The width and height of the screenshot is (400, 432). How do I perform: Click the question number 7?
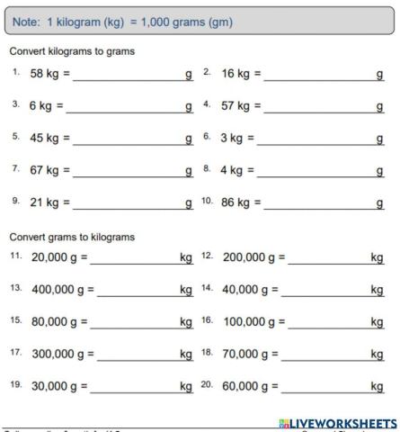click(16, 168)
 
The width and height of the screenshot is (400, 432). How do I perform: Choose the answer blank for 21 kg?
click(128, 205)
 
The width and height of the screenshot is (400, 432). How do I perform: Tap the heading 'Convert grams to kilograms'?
click(71, 237)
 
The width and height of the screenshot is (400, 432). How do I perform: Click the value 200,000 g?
click(251, 258)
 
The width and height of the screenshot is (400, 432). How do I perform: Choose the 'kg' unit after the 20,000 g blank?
click(186, 258)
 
